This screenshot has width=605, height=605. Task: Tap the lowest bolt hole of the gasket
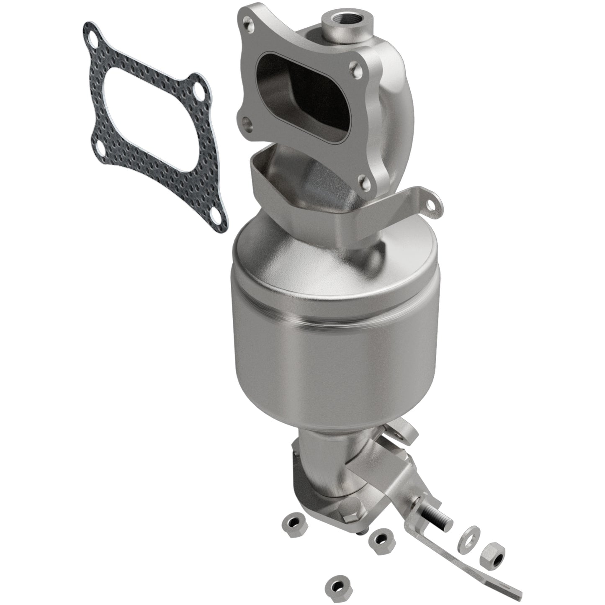[x=215, y=216]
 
